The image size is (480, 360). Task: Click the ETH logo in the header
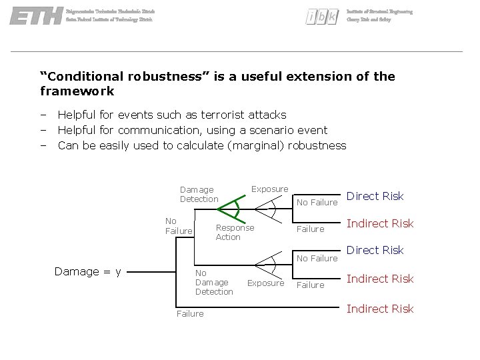click(36, 16)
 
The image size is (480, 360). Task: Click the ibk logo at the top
click(321, 17)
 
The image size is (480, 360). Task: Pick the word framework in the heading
click(77, 91)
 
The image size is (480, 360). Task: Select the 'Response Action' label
click(234, 232)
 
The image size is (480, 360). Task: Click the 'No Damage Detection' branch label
click(213, 282)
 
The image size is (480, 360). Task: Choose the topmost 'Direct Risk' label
click(375, 196)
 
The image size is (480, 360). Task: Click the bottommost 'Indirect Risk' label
click(380, 309)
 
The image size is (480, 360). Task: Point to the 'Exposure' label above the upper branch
click(269, 189)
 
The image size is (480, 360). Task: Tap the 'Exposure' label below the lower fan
click(265, 283)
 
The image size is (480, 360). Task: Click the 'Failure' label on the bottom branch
click(190, 313)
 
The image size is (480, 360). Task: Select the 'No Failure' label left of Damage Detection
click(178, 226)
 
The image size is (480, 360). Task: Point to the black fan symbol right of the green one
click(272, 209)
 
